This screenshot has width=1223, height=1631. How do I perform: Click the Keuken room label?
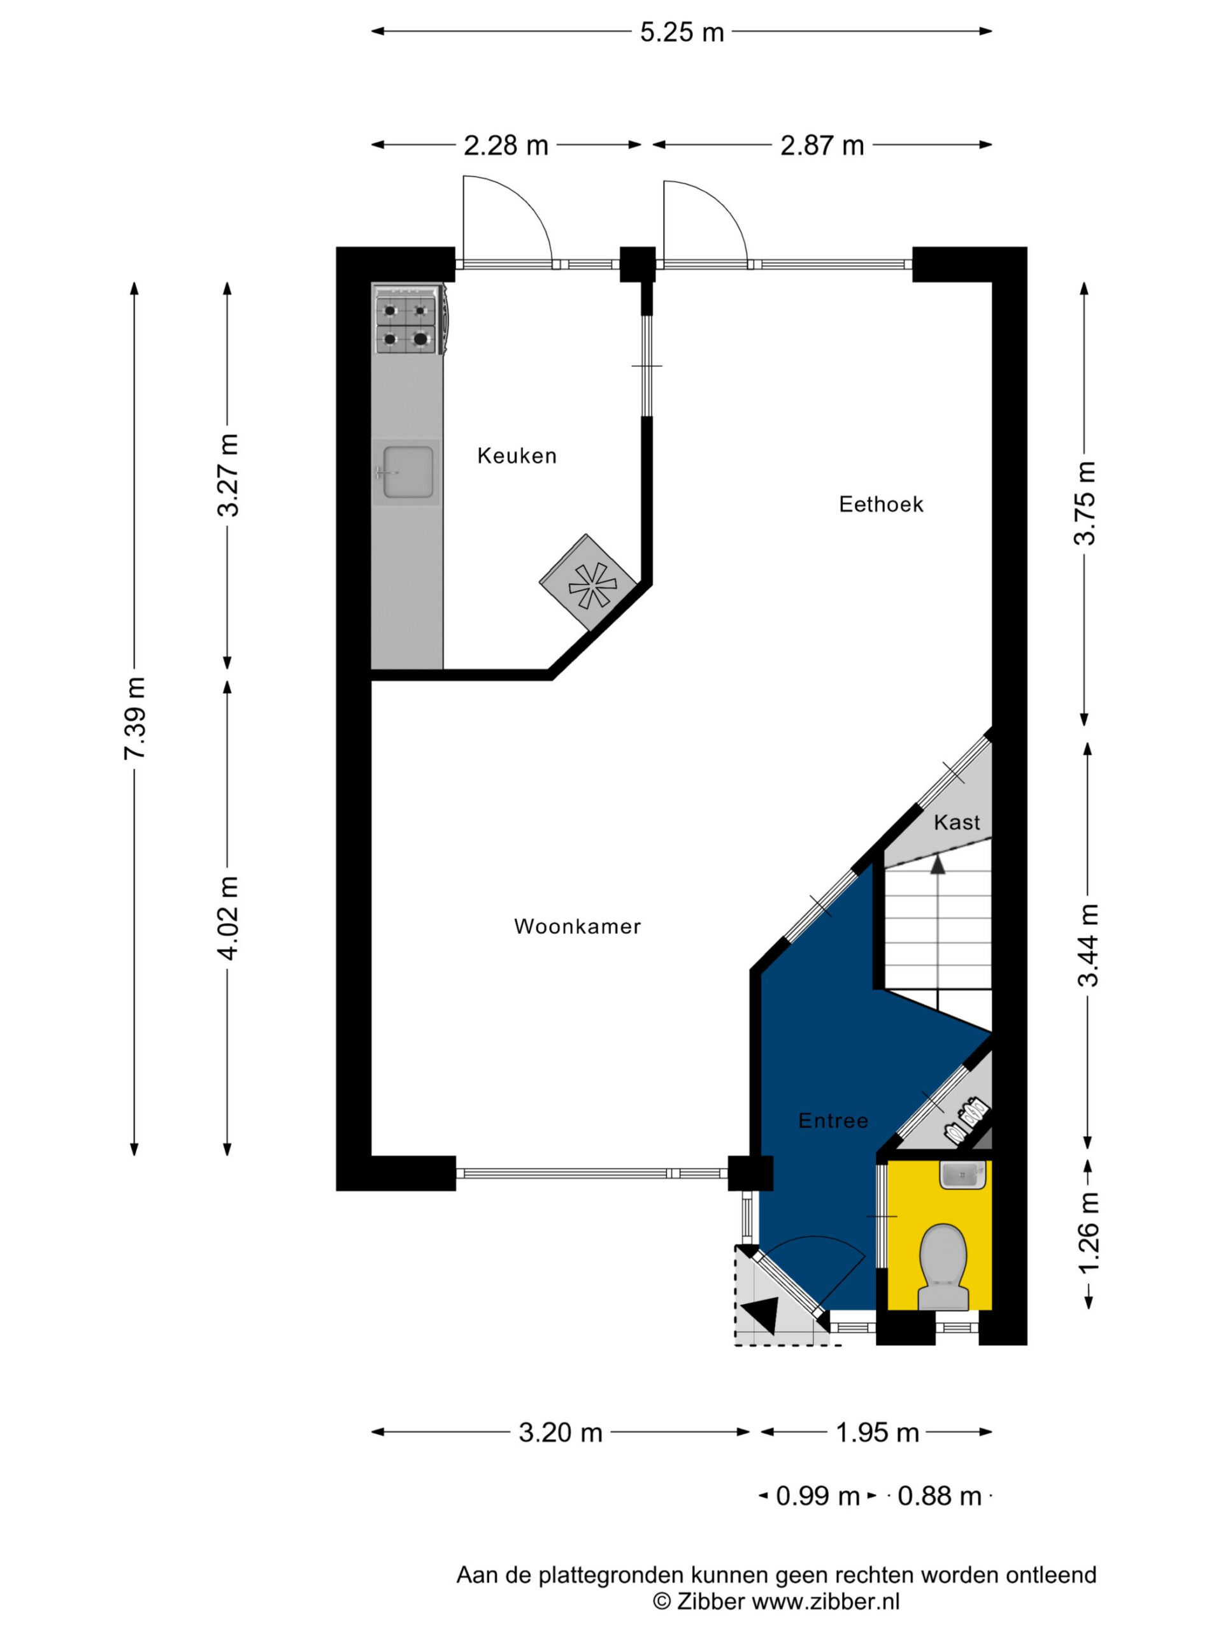click(x=516, y=456)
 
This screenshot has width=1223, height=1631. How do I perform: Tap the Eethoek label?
click(x=881, y=505)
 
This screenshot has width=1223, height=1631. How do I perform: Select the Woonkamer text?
click(x=577, y=926)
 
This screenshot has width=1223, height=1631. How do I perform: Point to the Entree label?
click(x=833, y=1121)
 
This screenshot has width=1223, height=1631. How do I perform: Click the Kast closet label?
click(x=957, y=822)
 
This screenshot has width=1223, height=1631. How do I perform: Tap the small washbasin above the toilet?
click(x=962, y=1175)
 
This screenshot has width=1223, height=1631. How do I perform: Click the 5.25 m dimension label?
click(x=682, y=32)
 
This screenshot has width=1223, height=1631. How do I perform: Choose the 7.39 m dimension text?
click(x=136, y=718)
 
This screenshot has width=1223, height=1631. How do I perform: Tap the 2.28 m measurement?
click(x=506, y=146)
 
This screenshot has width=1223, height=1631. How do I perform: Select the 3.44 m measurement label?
click(x=1088, y=945)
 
